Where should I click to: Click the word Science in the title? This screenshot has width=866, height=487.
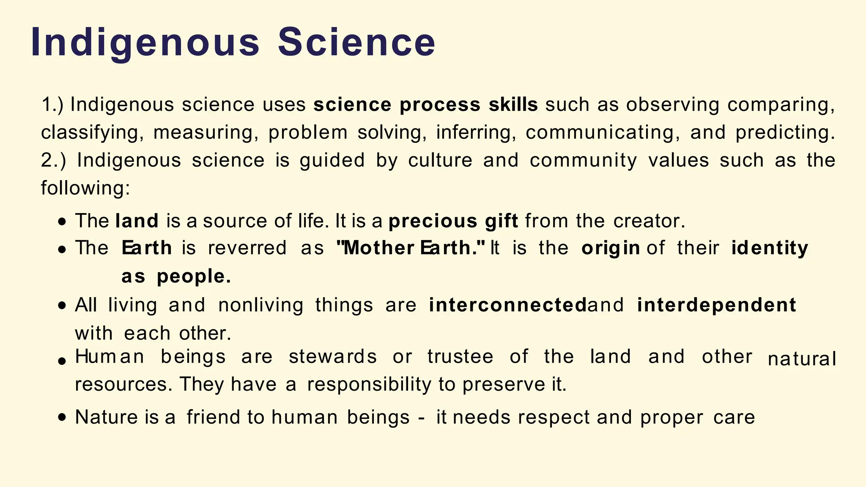click(x=356, y=42)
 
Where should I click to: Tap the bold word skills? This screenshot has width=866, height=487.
click(x=513, y=105)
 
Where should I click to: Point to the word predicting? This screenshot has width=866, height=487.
click(x=785, y=133)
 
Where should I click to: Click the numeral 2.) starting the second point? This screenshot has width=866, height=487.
click(x=53, y=161)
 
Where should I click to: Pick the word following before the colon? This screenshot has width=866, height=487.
click(x=83, y=188)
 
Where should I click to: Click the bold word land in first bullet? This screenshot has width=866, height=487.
click(x=137, y=221)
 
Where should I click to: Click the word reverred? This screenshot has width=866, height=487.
click(x=247, y=248)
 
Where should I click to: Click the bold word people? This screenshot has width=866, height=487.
click(x=194, y=277)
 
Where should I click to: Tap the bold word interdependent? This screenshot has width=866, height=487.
click(x=716, y=305)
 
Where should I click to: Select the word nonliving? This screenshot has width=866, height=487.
click(x=261, y=305)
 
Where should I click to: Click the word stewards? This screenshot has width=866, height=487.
click(x=332, y=357)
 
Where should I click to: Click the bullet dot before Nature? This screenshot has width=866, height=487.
click(x=62, y=418)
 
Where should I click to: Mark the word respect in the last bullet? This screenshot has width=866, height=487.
click(x=554, y=418)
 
